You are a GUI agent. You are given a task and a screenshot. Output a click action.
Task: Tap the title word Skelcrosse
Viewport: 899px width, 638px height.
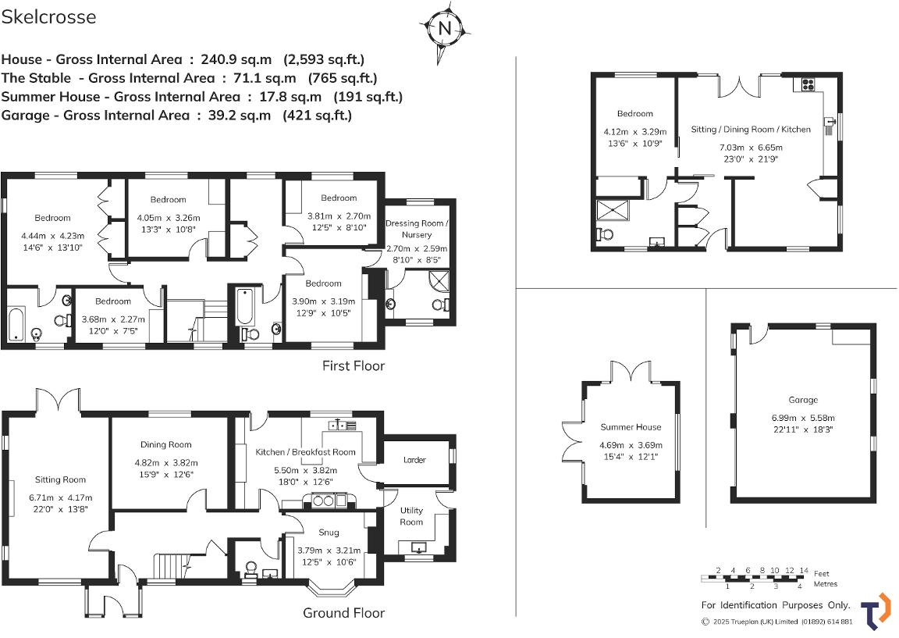(48, 17)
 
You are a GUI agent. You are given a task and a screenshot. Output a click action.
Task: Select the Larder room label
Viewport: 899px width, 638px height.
(414, 460)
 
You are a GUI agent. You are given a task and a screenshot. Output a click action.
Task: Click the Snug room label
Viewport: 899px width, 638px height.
(329, 533)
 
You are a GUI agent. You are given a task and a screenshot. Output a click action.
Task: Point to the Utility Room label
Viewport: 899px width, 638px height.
(411, 516)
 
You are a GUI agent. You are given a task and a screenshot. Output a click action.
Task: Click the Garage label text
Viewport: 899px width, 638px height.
(802, 400)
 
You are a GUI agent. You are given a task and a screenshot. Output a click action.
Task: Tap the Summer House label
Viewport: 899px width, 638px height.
(631, 427)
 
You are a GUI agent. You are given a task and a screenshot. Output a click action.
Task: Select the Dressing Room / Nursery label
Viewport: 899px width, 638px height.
(418, 229)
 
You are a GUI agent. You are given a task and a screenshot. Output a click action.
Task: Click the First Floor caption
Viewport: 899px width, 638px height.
(354, 365)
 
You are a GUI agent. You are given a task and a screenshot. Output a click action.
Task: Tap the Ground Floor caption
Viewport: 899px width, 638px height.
(343, 613)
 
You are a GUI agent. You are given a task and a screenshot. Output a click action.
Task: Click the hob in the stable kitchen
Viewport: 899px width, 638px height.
(806, 85)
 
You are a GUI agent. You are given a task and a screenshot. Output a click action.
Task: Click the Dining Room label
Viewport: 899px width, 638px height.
(166, 444)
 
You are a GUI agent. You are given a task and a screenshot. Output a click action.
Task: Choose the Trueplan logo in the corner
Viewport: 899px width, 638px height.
(876, 610)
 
